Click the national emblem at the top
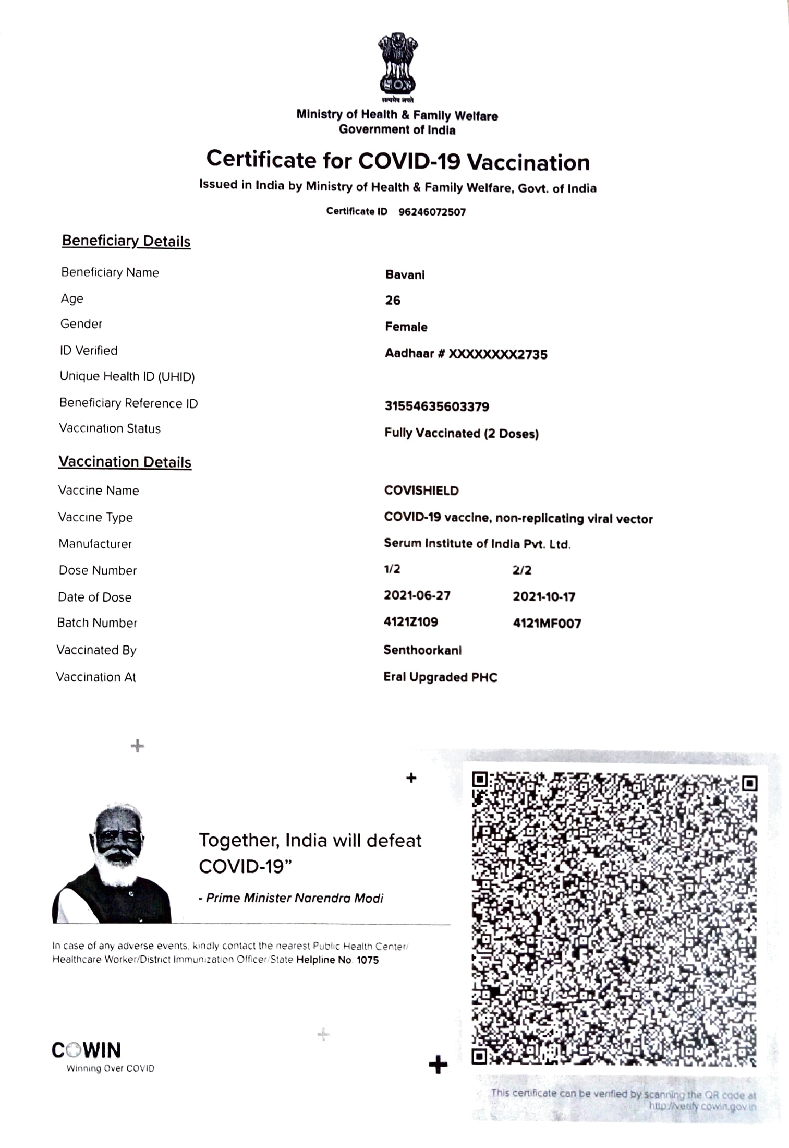397,65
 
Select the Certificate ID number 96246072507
432,212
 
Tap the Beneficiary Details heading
126,241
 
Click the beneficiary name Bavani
405,274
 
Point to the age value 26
393,301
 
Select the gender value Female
406,327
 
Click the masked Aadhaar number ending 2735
497,354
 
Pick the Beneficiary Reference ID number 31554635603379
437,406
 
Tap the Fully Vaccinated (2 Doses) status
462,433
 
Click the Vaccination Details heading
125,462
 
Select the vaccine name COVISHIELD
421,491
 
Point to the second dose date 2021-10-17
544,596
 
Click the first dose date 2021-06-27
417,595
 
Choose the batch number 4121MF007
547,623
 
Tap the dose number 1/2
392,569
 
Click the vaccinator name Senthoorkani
422,650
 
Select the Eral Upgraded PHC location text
440,677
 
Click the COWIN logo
87,1050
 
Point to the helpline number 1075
368,960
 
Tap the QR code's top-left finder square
480,780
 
